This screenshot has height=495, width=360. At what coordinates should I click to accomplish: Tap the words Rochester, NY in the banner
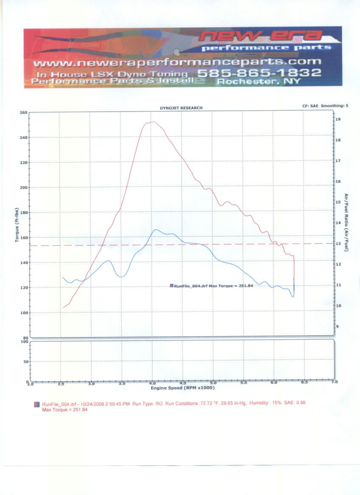(259, 82)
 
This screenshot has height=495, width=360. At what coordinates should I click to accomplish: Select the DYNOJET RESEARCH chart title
(181, 108)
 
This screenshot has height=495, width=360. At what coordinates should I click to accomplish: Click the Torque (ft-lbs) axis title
(17, 225)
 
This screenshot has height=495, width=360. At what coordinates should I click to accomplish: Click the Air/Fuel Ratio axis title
(346, 222)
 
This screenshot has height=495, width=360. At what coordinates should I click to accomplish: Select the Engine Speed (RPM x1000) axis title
(183, 388)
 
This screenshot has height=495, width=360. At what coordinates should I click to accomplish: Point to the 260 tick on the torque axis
(23, 113)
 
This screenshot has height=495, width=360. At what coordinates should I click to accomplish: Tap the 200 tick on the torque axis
(23, 188)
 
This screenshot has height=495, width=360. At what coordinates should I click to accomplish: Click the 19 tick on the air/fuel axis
(338, 120)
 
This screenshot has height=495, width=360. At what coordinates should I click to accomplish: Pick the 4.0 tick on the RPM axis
(152, 382)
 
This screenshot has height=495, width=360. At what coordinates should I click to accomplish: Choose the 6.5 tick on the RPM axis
(304, 382)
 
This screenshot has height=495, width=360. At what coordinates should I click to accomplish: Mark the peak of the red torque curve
(152, 122)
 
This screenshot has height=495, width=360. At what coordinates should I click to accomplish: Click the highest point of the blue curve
(156, 230)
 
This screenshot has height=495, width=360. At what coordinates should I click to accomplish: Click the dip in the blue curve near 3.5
(121, 277)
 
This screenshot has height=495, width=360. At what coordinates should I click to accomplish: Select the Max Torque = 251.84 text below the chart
(65, 410)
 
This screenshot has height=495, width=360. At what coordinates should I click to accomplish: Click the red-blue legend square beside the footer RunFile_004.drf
(37, 405)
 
